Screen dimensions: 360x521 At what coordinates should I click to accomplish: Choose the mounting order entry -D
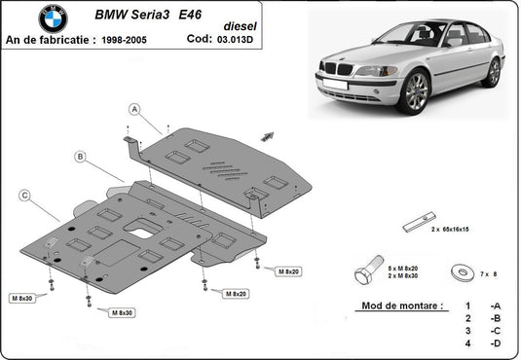click(497, 343)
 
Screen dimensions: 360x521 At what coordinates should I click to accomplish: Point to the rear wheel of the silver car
click(494, 72)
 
